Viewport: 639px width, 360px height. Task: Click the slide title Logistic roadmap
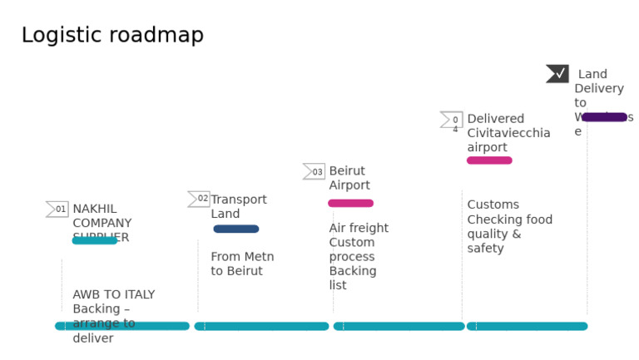pos(112,36)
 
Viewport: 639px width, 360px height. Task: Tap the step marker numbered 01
pos(57,210)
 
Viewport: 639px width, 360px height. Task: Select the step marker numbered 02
pos(199,199)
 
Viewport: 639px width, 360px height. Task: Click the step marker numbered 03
pos(314,172)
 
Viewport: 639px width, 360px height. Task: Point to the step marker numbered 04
pos(452,121)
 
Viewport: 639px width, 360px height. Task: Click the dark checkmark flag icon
pos(557,74)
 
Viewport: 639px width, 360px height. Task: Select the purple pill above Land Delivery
pos(604,117)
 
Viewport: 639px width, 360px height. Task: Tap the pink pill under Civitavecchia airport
pos(489,160)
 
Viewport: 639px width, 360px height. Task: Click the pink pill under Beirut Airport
pos(350,203)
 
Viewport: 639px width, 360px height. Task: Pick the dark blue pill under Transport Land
pos(236,229)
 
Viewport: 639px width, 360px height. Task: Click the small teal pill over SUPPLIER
pos(95,240)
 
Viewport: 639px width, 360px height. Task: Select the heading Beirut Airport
pos(349,178)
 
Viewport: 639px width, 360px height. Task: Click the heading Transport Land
pos(238,206)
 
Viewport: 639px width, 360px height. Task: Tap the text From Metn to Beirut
pos(241,264)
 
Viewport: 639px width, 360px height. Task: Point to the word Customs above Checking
pos(493,205)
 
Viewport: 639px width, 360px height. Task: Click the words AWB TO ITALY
pos(113,294)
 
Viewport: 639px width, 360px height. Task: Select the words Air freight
pos(359,228)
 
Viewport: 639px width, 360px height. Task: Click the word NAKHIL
pos(95,209)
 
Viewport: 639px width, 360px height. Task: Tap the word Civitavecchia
pos(508,133)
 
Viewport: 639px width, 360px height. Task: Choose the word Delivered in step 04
pos(495,119)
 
